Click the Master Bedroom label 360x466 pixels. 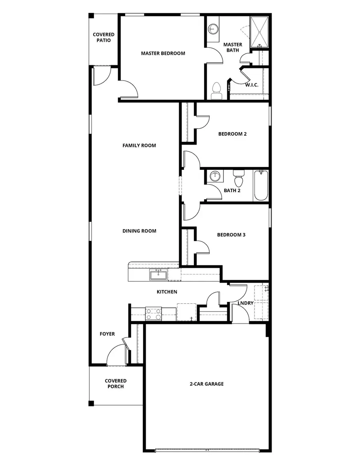pyautogui.click(x=163, y=53)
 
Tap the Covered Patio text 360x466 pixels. pyautogui.click(x=104, y=38)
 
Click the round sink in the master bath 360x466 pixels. pyautogui.click(x=214, y=29)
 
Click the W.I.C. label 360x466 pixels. pyautogui.click(x=252, y=85)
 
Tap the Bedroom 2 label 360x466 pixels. pyautogui.click(x=232, y=134)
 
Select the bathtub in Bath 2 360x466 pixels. pyautogui.click(x=261, y=185)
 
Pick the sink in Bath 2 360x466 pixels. pyautogui.click(x=216, y=176)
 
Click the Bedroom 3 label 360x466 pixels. pyautogui.click(x=231, y=235)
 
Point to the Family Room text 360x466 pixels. pyautogui.click(x=139, y=145)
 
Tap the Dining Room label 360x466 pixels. pyautogui.click(x=139, y=231)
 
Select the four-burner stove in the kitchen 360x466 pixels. pyautogui.click(x=153, y=313)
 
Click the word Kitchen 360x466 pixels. pyautogui.click(x=166, y=292)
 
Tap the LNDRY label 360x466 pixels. pyautogui.click(x=245, y=303)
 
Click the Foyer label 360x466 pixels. pyautogui.click(x=107, y=334)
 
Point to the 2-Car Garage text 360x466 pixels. pyautogui.click(x=206, y=384)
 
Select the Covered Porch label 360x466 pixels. pyautogui.click(x=116, y=384)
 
